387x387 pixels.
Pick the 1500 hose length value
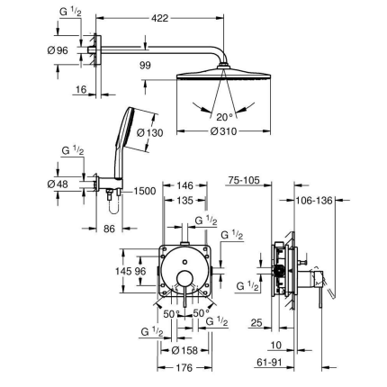pyautogui.click(x=146, y=191)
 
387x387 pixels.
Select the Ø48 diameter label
pyautogui.click(x=58, y=184)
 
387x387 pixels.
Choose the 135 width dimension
pyautogui.click(x=186, y=200)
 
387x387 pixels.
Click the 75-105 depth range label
pyautogui.click(x=243, y=180)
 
